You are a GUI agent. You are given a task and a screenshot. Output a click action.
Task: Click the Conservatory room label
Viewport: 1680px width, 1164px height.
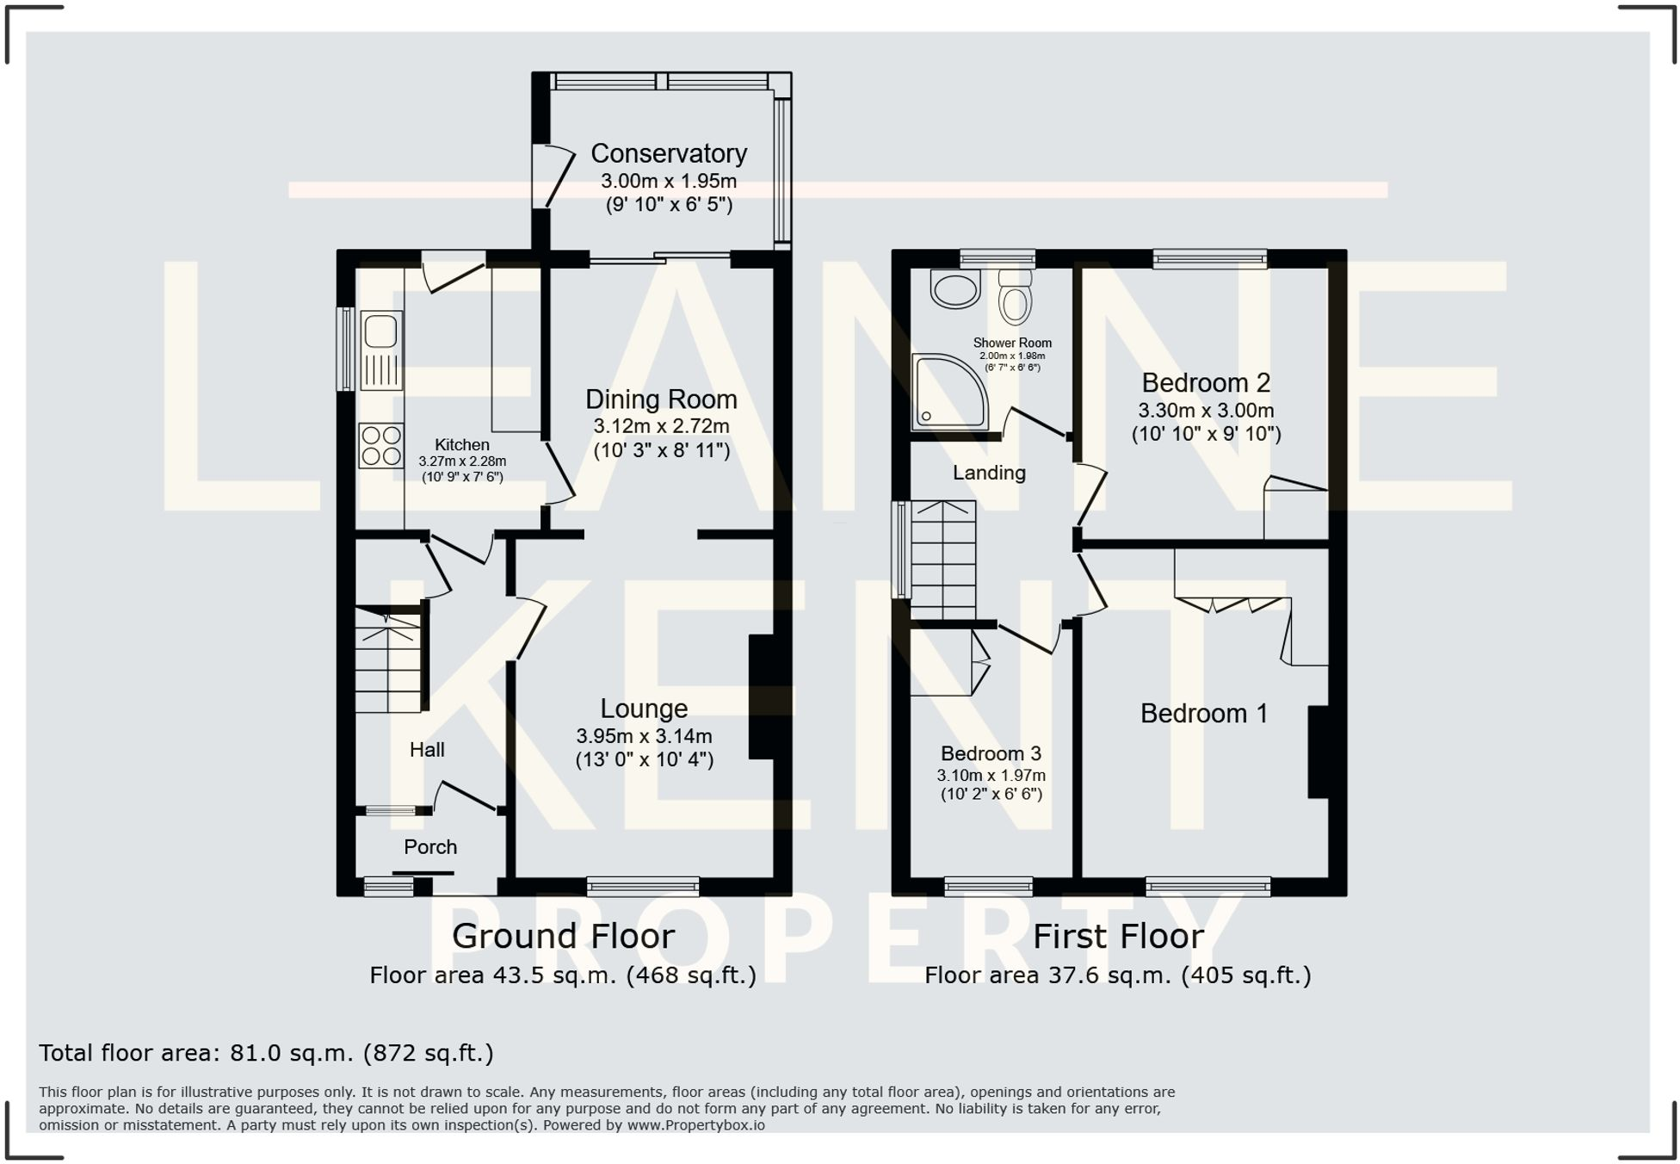[x=668, y=153]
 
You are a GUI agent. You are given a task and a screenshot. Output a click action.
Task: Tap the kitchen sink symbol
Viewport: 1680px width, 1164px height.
[x=380, y=350]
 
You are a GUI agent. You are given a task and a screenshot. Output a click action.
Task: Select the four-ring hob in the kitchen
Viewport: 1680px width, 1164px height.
[x=380, y=445]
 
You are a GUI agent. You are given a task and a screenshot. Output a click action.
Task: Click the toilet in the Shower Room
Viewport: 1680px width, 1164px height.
[x=1016, y=296]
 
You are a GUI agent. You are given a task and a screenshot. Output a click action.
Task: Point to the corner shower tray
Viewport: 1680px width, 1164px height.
[x=950, y=393]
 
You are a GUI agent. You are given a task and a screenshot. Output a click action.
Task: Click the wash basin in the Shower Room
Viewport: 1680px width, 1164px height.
[x=954, y=288]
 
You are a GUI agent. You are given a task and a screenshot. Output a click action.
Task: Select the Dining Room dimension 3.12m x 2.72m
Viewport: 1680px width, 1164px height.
[x=660, y=426]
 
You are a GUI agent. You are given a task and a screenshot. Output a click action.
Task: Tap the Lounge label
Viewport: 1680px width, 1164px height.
[x=643, y=708]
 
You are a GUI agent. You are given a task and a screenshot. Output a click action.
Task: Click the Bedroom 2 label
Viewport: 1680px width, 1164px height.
[x=1205, y=382]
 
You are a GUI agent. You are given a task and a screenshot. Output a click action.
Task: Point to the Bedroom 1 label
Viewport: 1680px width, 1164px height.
[x=1203, y=713]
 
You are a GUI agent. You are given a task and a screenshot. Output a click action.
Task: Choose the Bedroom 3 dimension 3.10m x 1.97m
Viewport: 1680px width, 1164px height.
[x=991, y=776]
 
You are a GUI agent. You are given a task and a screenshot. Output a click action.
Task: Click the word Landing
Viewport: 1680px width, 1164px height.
[x=988, y=473]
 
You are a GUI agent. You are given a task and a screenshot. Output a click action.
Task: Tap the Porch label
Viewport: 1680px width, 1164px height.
[x=429, y=846]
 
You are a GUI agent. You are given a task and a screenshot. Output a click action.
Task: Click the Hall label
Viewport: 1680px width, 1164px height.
[x=426, y=750]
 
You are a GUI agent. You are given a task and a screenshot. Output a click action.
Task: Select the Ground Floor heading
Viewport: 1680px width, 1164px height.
[x=563, y=936]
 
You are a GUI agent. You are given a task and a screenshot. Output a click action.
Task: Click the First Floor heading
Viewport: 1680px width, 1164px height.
[x=1117, y=936]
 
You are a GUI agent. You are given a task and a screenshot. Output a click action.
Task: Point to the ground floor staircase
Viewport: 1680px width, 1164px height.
[x=388, y=661]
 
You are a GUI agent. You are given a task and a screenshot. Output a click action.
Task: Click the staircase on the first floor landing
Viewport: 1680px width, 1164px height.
[x=942, y=559]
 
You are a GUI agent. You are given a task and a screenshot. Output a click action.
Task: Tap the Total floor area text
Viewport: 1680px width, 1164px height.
[x=265, y=1053]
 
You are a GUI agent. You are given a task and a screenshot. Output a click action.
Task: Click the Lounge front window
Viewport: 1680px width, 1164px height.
[x=642, y=886]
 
